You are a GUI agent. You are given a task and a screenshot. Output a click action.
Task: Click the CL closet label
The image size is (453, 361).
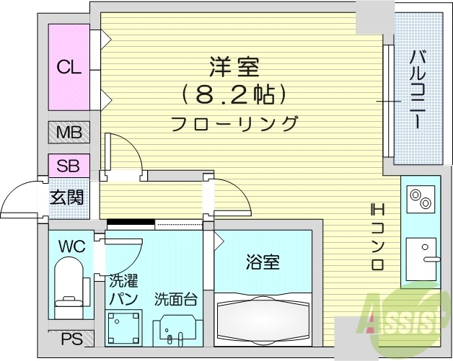(x=69, y=68)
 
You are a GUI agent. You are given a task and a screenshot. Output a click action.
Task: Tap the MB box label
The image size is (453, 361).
(x=69, y=133)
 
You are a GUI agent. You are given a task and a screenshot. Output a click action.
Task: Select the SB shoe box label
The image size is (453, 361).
(x=69, y=165)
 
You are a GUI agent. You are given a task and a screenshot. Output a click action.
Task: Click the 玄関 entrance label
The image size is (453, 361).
(x=66, y=197)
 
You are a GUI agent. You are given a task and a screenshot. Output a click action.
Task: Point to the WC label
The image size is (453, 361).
(x=72, y=247)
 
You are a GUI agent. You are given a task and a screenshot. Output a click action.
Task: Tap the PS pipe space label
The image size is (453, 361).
(x=71, y=339)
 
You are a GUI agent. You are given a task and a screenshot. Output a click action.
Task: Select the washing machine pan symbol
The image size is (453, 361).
(x=123, y=328)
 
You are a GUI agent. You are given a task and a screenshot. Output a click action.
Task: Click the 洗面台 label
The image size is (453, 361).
(x=175, y=298)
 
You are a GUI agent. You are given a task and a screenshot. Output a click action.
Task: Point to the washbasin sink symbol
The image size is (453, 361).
(x=175, y=331)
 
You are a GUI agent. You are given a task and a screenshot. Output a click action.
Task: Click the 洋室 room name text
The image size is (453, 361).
(x=234, y=67)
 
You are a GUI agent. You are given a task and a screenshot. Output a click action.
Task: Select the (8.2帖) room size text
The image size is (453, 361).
(x=234, y=94)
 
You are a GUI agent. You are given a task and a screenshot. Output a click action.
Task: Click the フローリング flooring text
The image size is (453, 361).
(x=234, y=123)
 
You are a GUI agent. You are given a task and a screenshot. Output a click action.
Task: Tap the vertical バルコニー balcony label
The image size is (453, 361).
(x=417, y=89)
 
